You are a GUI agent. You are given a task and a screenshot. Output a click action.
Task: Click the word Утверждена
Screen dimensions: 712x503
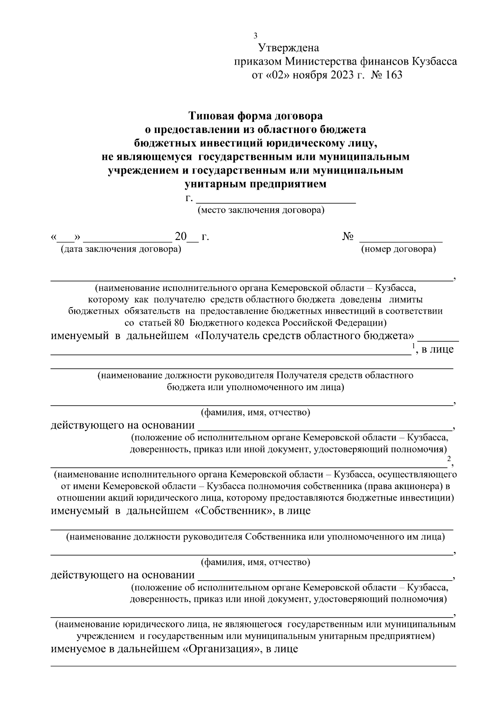pyautogui.click(x=289, y=48)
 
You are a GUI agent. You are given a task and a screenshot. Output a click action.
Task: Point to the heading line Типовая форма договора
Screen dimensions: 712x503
pyautogui.click(x=255, y=115)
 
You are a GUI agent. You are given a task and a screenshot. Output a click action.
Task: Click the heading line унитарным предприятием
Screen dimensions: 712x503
pyautogui.click(x=255, y=184)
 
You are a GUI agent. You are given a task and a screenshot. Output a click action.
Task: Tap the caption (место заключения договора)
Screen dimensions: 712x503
pyautogui.click(x=261, y=210)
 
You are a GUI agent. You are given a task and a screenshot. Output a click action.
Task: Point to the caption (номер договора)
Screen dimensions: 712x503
pyautogui.click(x=398, y=250)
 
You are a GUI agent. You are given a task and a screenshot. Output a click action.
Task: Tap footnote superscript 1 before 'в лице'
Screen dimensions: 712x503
pyautogui.click(x=413, y=345)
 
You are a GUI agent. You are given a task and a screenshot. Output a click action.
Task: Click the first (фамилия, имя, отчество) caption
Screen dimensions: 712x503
pyautogui.click(x=255, y=412)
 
